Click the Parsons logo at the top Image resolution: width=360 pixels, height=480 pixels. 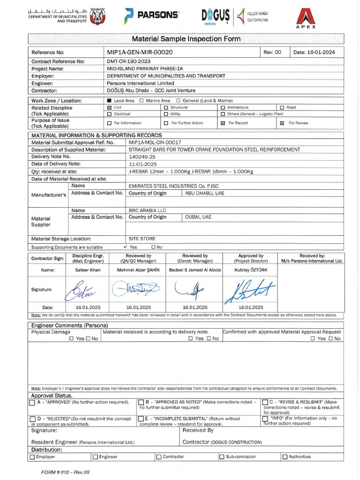click(x=151, y=15)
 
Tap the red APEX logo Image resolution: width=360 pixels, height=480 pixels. click(x=305, y=18)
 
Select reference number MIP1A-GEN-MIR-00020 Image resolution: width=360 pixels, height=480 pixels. click(x=140, y=52)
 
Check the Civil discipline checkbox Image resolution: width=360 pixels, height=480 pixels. click(x=110, y=107)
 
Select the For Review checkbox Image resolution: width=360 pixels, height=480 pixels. click(x=282, y=123)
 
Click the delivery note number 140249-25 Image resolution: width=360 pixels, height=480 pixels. click(x=142, y=157)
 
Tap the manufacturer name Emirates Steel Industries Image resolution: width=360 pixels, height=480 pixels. click(x=173, y=186)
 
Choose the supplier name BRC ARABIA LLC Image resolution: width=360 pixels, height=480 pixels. click(x=148, y=210)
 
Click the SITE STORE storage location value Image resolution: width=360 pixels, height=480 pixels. click(x=142, y=239)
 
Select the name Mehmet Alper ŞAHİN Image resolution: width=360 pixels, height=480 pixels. click(x=138, y=270)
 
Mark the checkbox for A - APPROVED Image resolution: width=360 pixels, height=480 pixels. click(x=32, y=403)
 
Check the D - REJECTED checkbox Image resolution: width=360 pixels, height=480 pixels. click(x=32, y=419)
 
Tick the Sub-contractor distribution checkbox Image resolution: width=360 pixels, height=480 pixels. click(x=222, y=457)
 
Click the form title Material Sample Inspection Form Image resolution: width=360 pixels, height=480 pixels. click(x=186, y=39)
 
